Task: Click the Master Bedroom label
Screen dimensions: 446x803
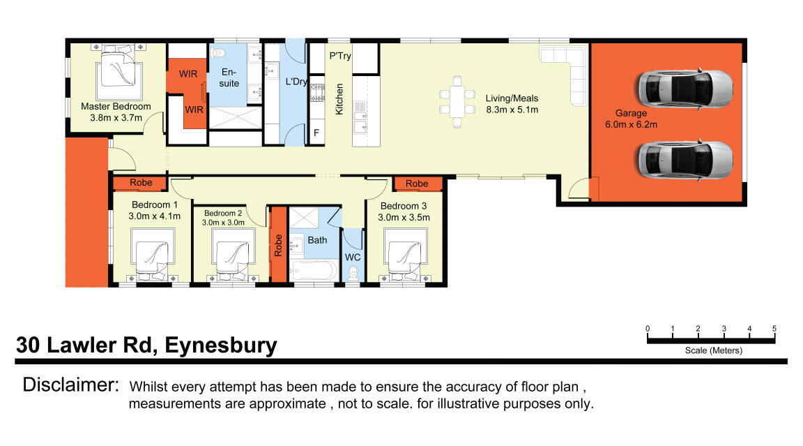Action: point(116,107)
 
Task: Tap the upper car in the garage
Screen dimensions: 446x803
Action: point(685,87)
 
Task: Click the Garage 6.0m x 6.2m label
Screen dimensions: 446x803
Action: point(630,119)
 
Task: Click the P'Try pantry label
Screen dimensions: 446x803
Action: point(340,56)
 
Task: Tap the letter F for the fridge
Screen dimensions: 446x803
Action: point(316,133)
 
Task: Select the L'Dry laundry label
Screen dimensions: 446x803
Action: point(296,82)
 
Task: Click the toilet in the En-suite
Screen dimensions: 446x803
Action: point(220,52)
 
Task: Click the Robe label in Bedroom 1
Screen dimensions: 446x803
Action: point(142,184)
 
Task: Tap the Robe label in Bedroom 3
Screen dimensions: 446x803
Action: point(417,184)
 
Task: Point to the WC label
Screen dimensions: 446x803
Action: point(353,258)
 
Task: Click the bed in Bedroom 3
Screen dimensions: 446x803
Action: point(405,259)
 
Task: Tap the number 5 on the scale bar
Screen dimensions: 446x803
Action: point(774,329)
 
